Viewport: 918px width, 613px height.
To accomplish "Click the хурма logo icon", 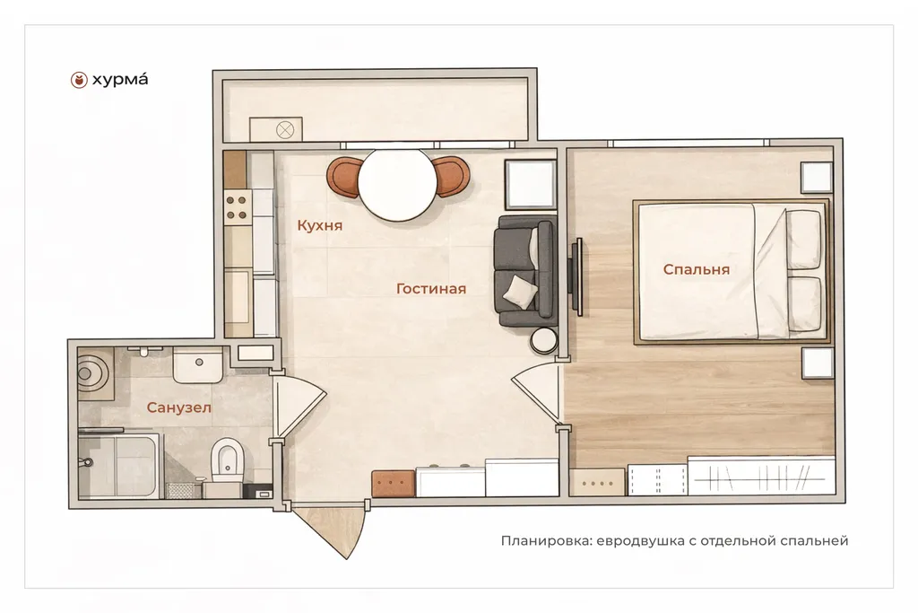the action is (79, 80).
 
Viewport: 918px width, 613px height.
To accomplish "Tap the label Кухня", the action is (320, 225).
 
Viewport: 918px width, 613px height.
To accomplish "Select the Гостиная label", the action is (431, 288).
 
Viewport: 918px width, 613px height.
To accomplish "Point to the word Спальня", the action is (696, 269).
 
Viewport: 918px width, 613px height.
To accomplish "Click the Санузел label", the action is (178, 407).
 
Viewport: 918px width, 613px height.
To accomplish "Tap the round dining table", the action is (398, 185).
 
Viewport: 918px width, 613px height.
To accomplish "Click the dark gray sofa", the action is (524, 271).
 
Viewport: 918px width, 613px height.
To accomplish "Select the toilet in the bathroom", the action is (227, 460).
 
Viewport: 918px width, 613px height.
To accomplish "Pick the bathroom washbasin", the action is (198, 364).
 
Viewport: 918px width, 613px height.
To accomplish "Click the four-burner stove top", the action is (237, 207).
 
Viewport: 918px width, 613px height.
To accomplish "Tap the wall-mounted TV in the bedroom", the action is (577, 276).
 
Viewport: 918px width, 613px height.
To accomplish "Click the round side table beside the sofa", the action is (544, 340).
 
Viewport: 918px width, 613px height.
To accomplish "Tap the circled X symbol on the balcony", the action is (285, 129).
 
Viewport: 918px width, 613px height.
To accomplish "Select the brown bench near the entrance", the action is (394, 484).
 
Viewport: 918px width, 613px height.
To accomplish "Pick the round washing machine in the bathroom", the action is (93, 372).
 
